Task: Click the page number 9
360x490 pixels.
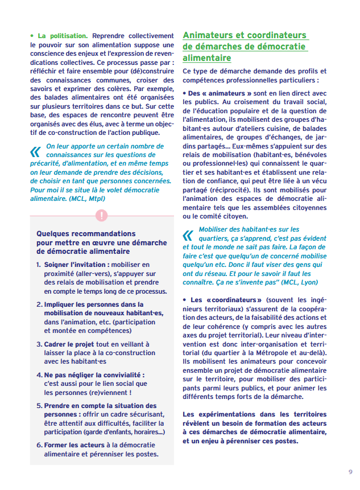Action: click(350, 472)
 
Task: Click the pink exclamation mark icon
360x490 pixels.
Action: click(101, 216)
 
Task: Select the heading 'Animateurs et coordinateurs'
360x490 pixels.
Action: click(245, 35)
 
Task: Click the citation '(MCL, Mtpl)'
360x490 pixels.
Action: click(87, 199)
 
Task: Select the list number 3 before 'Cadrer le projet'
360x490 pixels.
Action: click(39, 344)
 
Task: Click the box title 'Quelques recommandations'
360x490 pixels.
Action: click(86, 233)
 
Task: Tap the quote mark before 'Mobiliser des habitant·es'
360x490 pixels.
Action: click(188, 234)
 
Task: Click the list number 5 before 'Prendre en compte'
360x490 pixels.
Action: click(39, 406)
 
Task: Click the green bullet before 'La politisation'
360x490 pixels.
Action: click(32, 35)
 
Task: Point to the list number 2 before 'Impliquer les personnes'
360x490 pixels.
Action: click(39, 304)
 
